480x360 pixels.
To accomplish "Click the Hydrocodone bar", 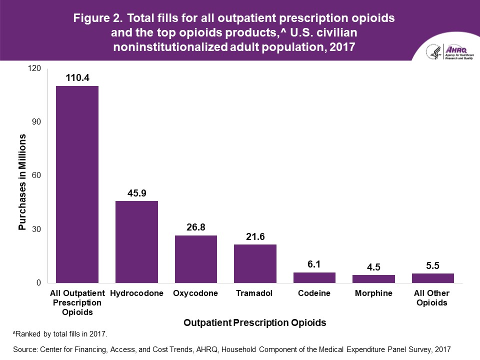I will click(136, 242).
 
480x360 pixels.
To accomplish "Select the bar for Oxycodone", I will click(195, 259).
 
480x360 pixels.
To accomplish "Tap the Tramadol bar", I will click(255, 263).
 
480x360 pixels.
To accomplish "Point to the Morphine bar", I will click(373, 279).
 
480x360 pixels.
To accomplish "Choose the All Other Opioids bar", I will click(432, 278).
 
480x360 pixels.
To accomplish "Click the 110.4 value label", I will click(77, 77).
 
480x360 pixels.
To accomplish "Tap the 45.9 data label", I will click(136, 192).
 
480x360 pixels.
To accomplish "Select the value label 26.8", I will click(195, 227).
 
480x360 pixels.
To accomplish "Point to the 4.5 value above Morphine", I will click(373, 267).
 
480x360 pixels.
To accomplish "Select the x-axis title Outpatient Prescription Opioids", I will click(255, 323).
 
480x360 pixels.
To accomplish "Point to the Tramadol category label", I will click(255, 293).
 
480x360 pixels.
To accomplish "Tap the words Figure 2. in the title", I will click(97, 18).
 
